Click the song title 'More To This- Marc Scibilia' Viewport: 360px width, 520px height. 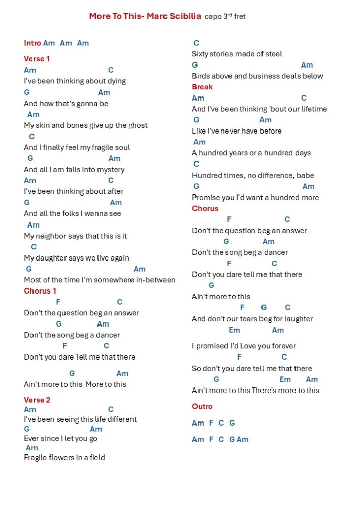pyautogui.click(x=145, y=16)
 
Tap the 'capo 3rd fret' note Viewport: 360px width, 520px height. pyautogui.click(x=225, y=17)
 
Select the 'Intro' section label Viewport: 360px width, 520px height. pyautogui.click(x=32, y=43)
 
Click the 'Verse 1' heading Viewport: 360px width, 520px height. pyautogui.click(x=37, y=59)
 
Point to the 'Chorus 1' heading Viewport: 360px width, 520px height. pyautogui.click(x=40, y=291)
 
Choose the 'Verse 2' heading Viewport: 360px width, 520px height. pyautogui.click(x=37, y=400)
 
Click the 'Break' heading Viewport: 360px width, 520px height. pyautogui.click(x=202, y=87)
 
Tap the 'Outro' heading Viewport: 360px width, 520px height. pyautogui.click(x=202, y=407)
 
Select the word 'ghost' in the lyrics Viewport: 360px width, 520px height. pyautogui.click(x=138, y=125)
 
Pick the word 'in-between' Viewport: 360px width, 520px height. pyautogui.click(x=154, y=280)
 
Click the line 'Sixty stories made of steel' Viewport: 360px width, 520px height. pyautogui.click(x=237, y=54)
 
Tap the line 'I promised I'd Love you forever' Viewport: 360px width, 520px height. pyautogui.click(x=244, y=346)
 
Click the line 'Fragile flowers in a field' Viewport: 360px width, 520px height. pyautogui.click(x=64, y=458)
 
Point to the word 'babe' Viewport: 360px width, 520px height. pyautogui.click(x=305, y=176)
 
